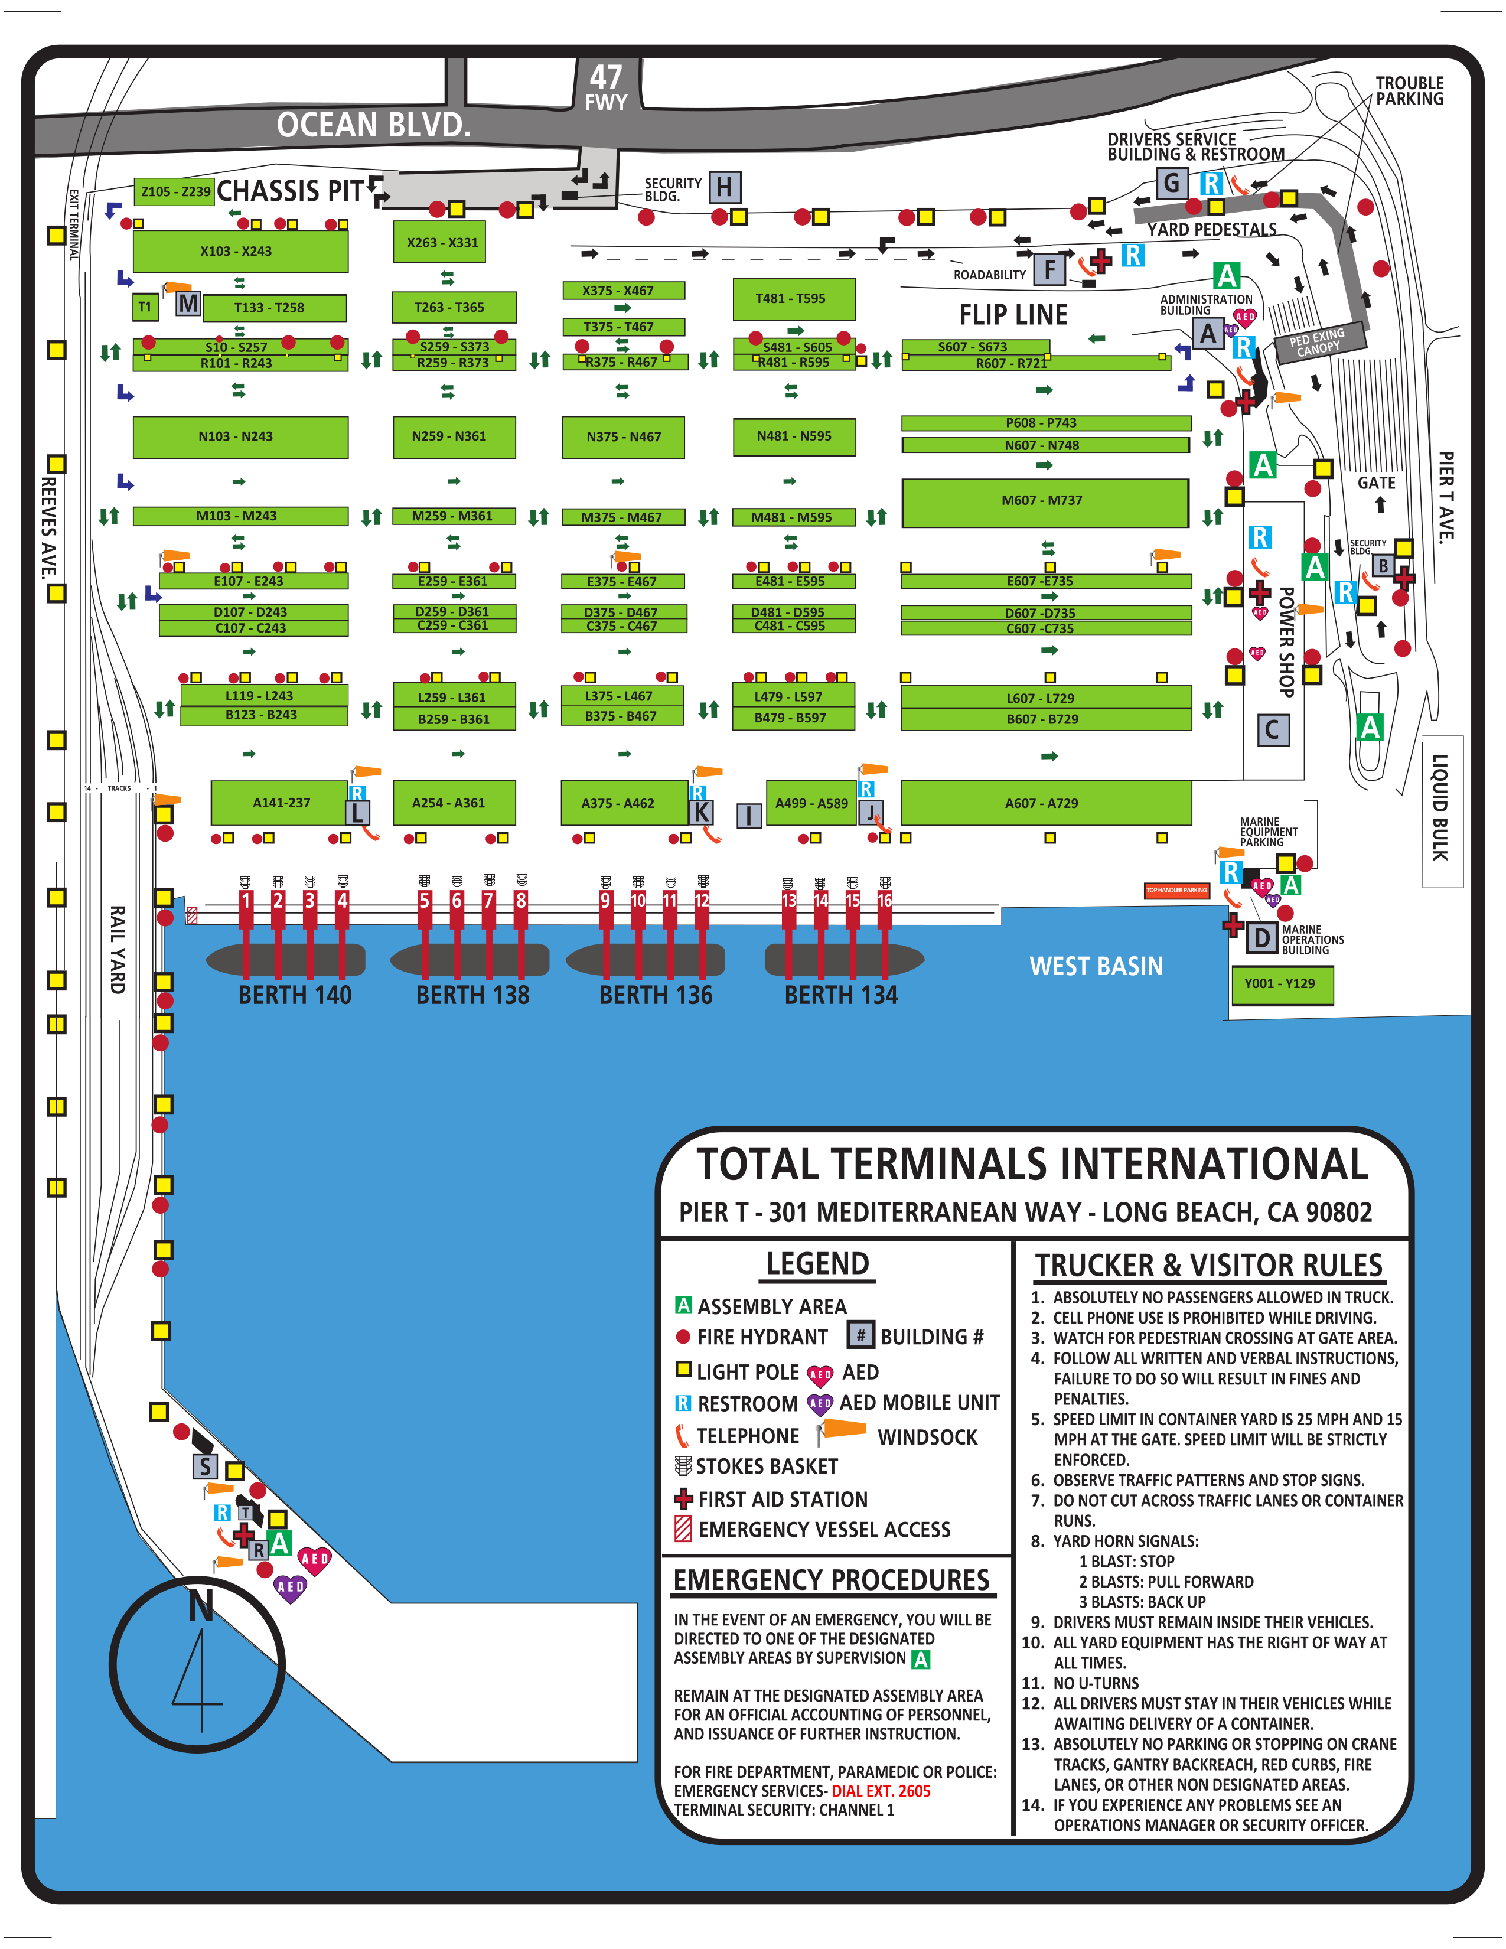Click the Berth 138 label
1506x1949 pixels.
473,995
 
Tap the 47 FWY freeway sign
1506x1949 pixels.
606,87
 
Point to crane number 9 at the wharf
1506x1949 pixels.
606,901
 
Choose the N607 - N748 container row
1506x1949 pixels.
1045,444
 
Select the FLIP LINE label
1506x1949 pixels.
1013,315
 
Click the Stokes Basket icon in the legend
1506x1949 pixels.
683,1465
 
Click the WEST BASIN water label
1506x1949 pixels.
1097,966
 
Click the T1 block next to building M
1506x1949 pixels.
145,307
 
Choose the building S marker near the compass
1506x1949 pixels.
205,1466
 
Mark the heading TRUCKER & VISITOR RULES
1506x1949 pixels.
1209,1266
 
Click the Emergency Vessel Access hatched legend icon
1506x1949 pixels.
683,1528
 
